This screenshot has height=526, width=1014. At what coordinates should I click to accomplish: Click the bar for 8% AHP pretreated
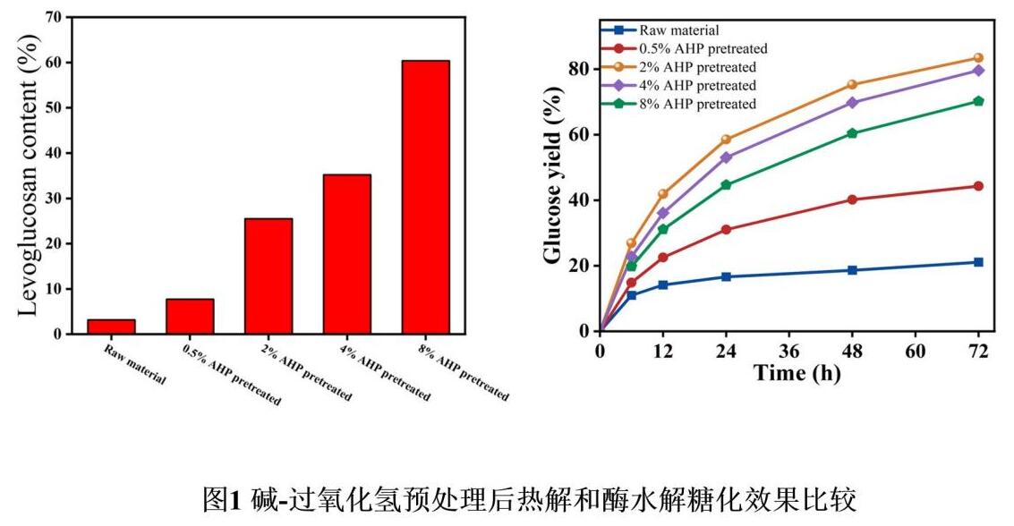425,197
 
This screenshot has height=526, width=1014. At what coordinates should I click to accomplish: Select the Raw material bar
111,327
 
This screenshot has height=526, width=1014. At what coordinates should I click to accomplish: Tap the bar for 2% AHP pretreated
268,276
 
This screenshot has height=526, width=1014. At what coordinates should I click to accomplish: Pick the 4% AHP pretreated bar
346,254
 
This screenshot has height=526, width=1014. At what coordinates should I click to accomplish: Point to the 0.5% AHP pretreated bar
190,316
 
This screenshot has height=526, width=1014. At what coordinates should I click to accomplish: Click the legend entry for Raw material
680,30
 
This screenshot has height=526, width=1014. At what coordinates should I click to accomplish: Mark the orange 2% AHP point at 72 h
978,58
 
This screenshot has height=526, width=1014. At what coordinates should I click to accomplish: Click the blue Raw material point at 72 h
978,262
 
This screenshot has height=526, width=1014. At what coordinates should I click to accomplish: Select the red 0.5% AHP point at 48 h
852,199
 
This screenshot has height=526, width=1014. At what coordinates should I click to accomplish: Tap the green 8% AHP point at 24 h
726,185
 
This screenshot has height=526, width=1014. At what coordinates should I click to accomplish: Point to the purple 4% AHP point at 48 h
852,103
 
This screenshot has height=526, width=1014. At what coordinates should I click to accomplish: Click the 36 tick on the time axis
789,349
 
